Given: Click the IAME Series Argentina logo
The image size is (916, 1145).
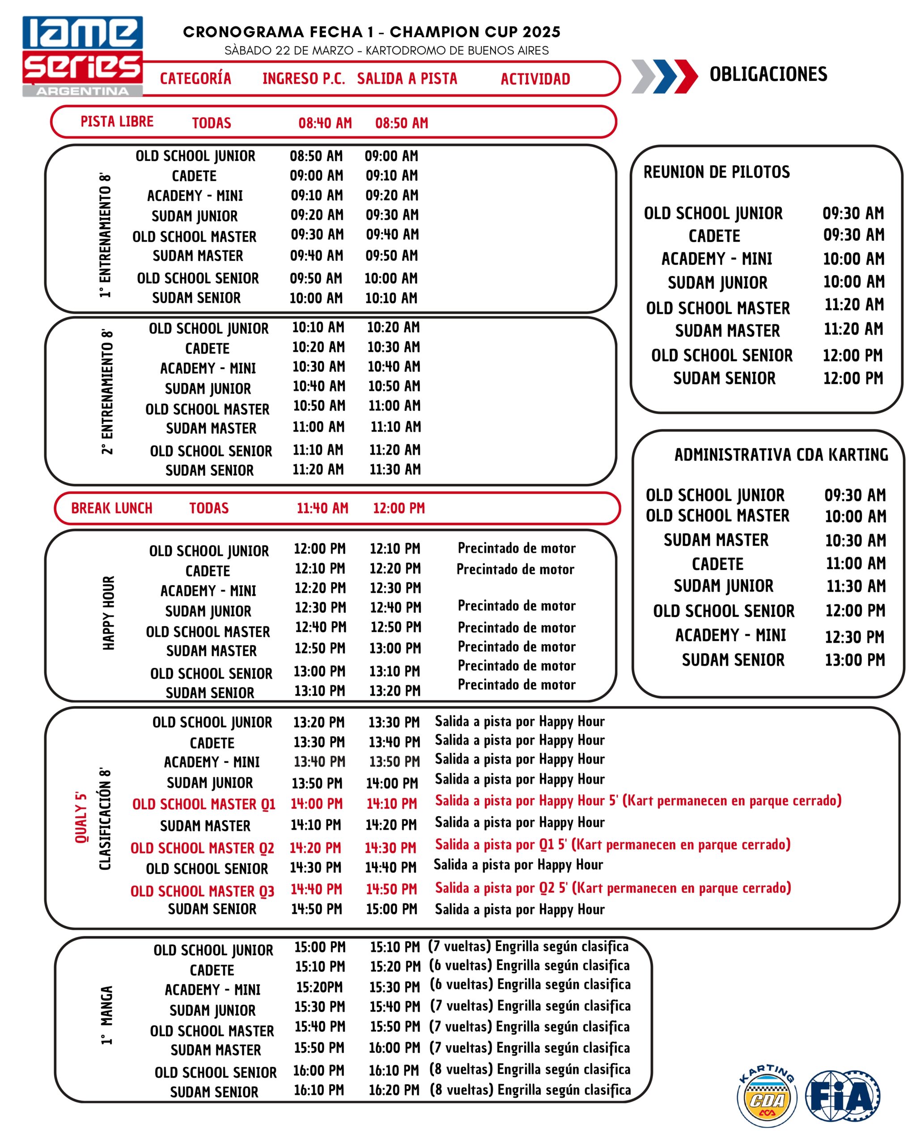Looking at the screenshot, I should pyautogui.click(x=82, y=56).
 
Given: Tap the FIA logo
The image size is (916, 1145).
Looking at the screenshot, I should pyautogui.click(x=843, y=1096).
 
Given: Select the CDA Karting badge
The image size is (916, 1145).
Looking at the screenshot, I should pyautogui.click(x=768, y=1096).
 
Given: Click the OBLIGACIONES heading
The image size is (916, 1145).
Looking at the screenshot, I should pyautogui.click(x=768, y=74).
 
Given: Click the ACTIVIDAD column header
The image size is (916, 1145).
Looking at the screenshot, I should pyautogui.click(x=535, y=79).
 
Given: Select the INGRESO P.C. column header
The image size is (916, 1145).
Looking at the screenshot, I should pyautogui.click(x=303, y=79).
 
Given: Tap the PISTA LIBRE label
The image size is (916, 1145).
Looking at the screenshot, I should pyautogui.click(x=117, y=122).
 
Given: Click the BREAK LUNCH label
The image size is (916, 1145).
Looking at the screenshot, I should pyautogui.click(x=111, y=508).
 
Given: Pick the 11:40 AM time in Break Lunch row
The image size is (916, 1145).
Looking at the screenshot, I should pyautogui.click(x=322, y=508).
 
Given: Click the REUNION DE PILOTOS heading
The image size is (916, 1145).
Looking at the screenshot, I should pyautogui.click(x=717, y=172).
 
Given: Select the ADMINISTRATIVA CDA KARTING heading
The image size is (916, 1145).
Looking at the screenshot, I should pyautogui.click(x=780, y=454).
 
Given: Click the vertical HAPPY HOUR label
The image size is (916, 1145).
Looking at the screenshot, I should pyautogui.click(x=108, y=613).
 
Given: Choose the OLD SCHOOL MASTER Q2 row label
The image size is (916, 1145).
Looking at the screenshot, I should pyautogui.click(x=202, y=848).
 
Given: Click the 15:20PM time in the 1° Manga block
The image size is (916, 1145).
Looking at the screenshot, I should pyautogui.click(x=319, y=987).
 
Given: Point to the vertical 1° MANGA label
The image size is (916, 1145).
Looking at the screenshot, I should pyautogui.click(x=107, y=1015).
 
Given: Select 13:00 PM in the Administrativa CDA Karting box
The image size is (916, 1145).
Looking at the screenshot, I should pyautogui.click(x=854, y=660).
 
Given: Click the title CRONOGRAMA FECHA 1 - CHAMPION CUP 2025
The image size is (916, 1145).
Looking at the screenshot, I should pyautogui.click(x=371, y=32).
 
